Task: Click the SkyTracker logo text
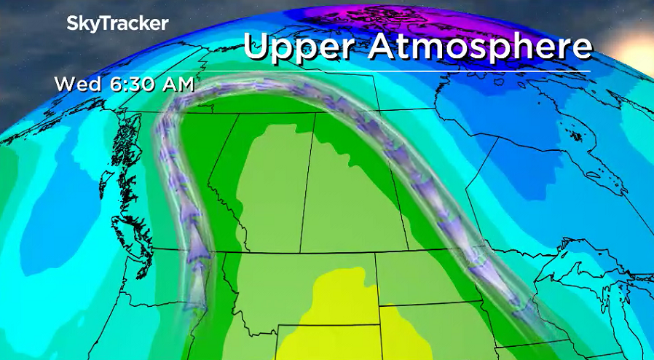tap(117, 23)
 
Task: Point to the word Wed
tap(77, 84)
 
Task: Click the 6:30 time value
tap(133, 84)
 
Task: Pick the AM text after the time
tap(178, 84)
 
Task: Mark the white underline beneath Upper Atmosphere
tap(415, 71)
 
